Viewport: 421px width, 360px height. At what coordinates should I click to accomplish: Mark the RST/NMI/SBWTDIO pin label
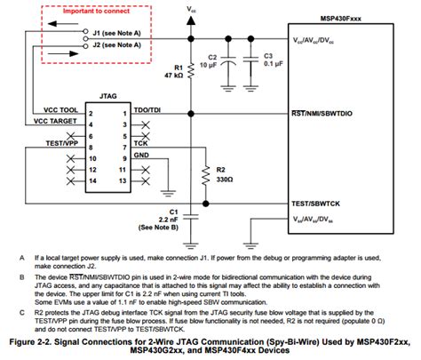[330, 115]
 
